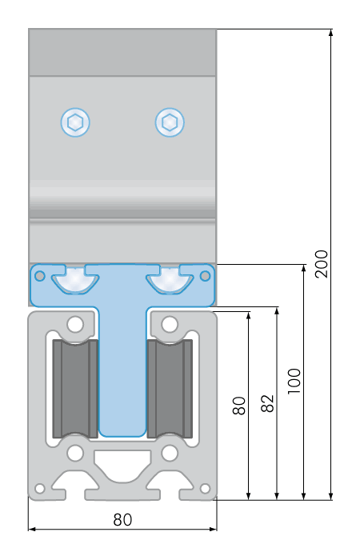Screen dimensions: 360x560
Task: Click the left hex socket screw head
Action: [x=75, y=122]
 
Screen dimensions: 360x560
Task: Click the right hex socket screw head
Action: [x=170, y=122]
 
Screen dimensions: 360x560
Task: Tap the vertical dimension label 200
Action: [x=322, y=264]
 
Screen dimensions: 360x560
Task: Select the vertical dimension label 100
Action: [x=294, y=381]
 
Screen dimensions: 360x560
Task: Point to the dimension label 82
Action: [x=267, y=403]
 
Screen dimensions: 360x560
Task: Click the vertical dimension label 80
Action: [x=239, y=406]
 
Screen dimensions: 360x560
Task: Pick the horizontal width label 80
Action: [x=122, y=520]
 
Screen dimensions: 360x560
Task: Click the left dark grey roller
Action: [x=75, y=389]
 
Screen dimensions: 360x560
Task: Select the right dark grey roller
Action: [x=170, y=389]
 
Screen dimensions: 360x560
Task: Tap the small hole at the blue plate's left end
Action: [x=40, y=276]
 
